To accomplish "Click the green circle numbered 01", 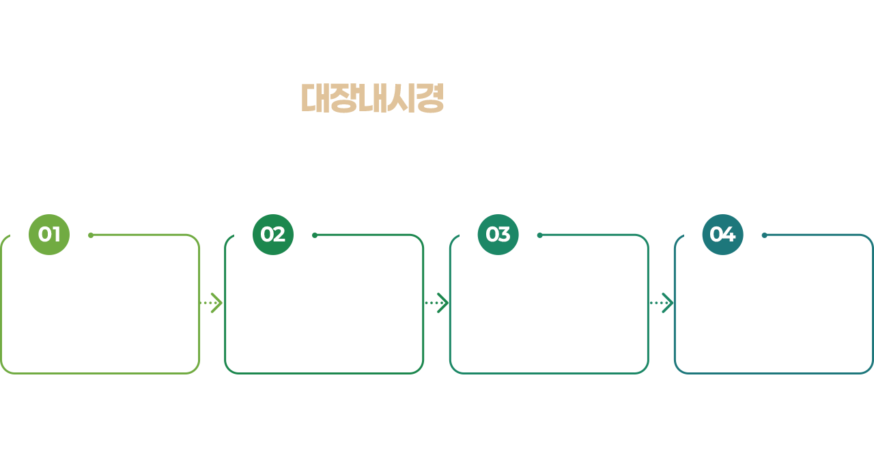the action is [49, 235].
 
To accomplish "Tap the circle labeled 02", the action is [273, 235].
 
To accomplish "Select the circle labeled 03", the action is [498, 235].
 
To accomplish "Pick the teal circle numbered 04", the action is [722, 235].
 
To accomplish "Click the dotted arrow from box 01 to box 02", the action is [212, 303].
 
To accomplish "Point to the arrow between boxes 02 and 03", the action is [436, 303].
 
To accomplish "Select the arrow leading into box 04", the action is [661, 303].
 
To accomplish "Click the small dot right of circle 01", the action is [91, 235].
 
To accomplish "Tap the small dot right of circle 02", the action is [315, 235].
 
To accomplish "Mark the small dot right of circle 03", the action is [539, 235].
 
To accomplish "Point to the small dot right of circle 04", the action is [764, 235].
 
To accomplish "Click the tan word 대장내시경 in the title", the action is [373, 98].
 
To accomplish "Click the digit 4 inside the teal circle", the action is [729, 235].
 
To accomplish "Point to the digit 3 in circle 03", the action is [504, 235].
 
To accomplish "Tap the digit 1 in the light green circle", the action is [56, 235].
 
